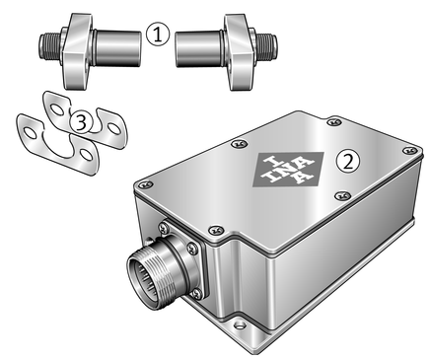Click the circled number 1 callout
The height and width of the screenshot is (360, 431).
[158, 35]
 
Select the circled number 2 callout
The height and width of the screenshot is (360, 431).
[348, 162]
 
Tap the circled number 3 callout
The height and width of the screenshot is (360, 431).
[81, 123]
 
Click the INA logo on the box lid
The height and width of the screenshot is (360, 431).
[288, 169]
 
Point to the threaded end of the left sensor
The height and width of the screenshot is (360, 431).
[50, 45]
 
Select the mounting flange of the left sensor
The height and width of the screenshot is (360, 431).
[77, 51]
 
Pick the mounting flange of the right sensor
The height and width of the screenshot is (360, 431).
[240, 52]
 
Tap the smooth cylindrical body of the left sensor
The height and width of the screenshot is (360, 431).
[117, 48]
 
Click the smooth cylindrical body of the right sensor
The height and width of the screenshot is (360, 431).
[199, 49]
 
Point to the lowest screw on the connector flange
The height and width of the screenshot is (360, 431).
[197, 293]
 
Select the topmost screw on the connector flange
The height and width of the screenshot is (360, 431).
[164, 227]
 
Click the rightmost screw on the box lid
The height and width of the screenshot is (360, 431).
[410, 150]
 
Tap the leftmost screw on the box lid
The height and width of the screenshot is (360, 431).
[145, 184]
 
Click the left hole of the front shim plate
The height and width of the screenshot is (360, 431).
[30, 133]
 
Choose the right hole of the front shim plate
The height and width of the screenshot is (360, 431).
[87, 155]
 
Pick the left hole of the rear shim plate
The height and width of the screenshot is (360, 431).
[57, 109]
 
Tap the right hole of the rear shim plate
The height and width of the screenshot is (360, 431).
[114, 128]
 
